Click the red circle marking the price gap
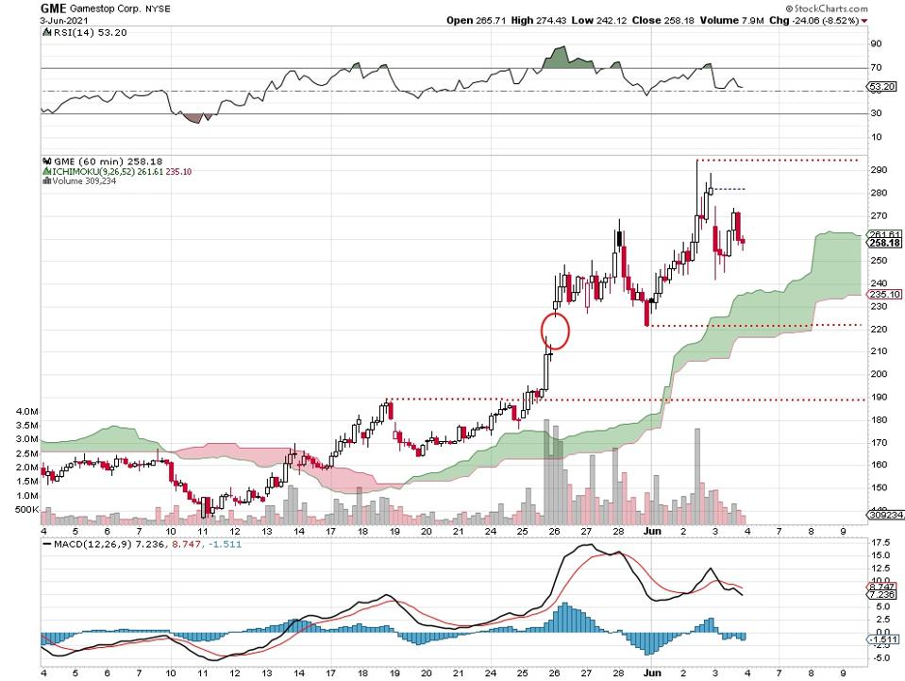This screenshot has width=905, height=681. coord(555,329)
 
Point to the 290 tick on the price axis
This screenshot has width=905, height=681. coord(879,170)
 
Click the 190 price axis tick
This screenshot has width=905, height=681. coord(879,396)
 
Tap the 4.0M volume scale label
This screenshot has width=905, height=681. coord(26,412)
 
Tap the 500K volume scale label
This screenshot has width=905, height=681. coord(25,510)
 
